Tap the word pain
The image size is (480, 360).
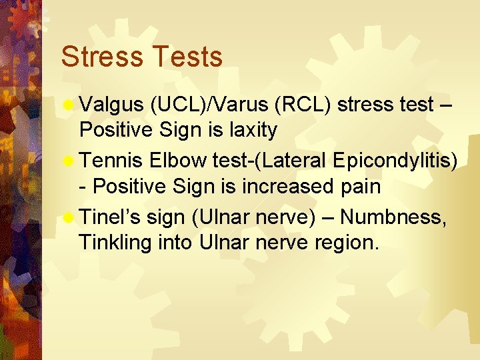[361, 187]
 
